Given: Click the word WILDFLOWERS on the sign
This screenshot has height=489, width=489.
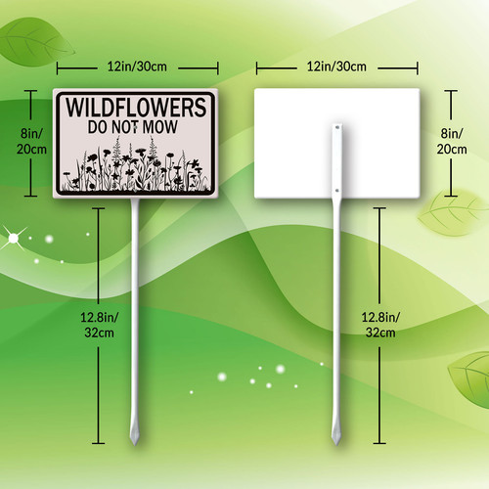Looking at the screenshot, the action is [136, 108].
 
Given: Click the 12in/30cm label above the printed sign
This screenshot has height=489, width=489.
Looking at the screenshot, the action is [137, 67].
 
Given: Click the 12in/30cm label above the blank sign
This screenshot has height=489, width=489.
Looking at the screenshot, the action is [336, 67].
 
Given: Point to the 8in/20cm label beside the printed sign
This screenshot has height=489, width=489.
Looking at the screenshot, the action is [31, 141].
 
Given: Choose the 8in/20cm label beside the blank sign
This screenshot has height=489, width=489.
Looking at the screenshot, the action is [452, 141].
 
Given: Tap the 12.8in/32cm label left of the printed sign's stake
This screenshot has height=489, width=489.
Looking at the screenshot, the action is [100, 325].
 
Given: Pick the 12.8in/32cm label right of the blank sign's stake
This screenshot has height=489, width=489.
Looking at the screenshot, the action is [380, 325].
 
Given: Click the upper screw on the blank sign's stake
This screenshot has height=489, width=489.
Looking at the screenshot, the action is [337, 127].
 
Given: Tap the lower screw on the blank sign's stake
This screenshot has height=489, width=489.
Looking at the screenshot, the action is [337, 191].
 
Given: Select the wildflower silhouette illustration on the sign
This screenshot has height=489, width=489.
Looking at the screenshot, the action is [135, 164].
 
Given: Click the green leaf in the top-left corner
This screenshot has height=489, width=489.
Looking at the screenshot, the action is [36, 42].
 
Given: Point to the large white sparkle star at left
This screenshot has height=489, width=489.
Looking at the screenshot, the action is [14, 239].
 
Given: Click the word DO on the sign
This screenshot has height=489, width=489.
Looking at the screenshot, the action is [98, 127].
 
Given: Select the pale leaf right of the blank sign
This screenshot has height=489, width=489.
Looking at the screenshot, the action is [452, 213].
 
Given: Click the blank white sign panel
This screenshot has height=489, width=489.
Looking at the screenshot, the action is [336, 143].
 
